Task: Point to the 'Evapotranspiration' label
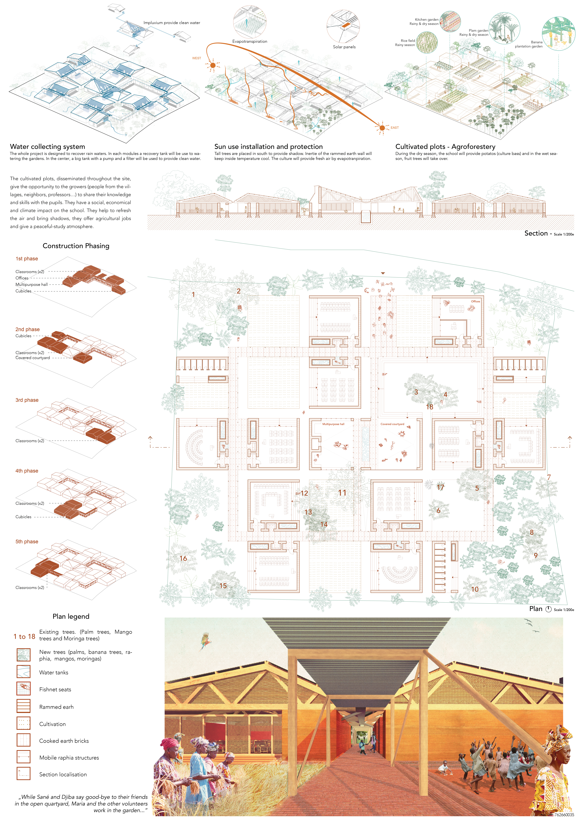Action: [250, 41]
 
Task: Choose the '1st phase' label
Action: [27, 259]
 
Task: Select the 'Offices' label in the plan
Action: [475, 301]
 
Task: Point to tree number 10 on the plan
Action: [475, 589]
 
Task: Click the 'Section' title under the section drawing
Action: [536, 234]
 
